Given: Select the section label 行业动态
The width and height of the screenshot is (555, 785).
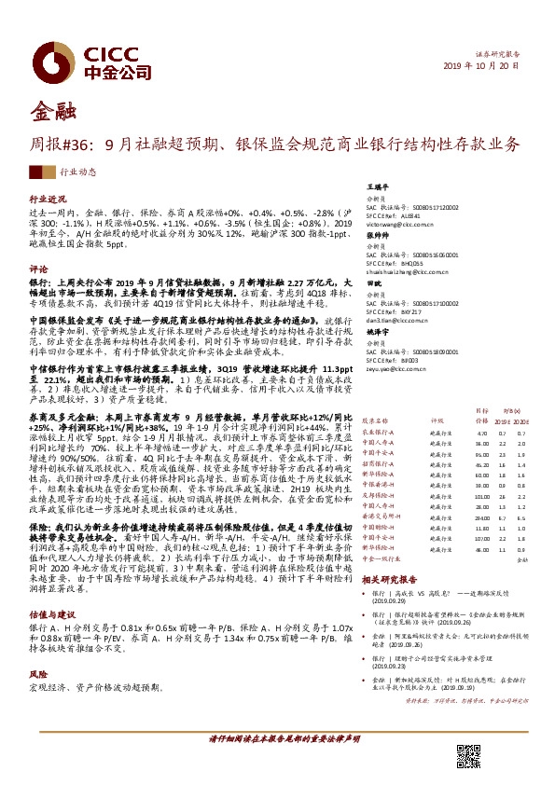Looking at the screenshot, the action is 78,172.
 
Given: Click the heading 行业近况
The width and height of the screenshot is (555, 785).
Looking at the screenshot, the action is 49,200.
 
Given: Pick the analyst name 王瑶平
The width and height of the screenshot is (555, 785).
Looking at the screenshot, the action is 376,186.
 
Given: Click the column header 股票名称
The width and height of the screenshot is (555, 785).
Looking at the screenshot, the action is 375,420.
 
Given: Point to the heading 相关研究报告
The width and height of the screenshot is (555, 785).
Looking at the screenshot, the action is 390,579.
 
